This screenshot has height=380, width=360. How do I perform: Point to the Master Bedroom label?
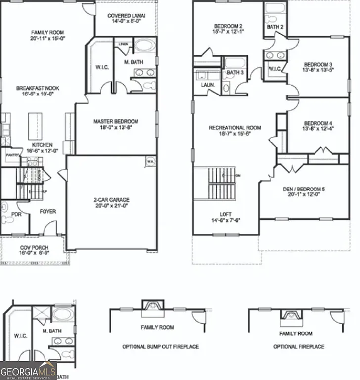(116, 121)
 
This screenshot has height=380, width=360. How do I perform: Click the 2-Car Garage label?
(112, 200)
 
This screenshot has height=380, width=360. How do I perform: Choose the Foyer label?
(48, 212)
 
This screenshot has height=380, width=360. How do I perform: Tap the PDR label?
(17, 215)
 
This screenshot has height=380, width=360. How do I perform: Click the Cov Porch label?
(33, 247)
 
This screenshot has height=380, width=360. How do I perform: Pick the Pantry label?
(12, 155)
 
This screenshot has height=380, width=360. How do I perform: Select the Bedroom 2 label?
(227, 26)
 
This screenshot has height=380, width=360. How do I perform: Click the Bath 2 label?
(275, 27)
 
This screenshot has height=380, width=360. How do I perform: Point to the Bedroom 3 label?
(318, 65)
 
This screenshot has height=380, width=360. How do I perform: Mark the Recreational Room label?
(234, 128)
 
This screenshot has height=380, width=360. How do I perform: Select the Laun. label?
(208, 85)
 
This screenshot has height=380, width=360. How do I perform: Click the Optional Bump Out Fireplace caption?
(160, 347)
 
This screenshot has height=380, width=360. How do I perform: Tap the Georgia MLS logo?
(28, 371)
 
